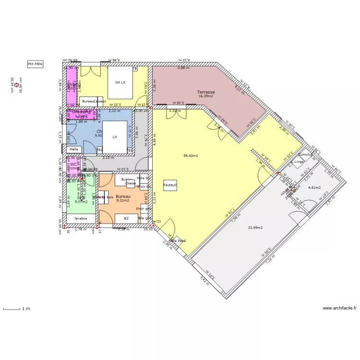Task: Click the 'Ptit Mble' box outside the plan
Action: (35, 64)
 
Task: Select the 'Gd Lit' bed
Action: (120, 83)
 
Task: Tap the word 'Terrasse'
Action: (206, 92)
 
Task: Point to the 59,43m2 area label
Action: (191, 156)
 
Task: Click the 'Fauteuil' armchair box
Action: (170, 185)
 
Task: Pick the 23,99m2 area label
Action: (255, 228)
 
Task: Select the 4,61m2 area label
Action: (314, 188)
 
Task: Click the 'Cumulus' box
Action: (305, 155)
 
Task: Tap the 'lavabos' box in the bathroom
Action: (81, 218)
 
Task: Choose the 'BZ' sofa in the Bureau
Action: (126, 218)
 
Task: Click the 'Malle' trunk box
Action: (73, 149)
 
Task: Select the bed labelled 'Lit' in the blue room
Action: (115, 137)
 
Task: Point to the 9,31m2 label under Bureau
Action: (123, 201)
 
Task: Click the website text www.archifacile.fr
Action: (339, 308)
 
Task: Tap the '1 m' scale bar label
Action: (26, 309)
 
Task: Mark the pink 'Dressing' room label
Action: (82, 112)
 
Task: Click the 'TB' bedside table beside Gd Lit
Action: (135, 69)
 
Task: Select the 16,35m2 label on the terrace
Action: (206, 96)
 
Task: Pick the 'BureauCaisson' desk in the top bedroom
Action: (94, 101)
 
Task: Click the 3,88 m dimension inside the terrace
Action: (183, 68)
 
